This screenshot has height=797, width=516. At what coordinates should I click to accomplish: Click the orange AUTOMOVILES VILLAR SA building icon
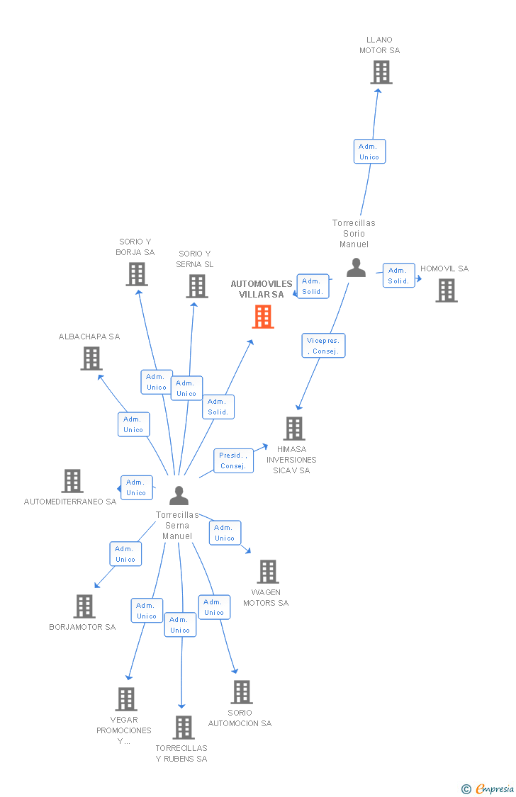click(264, 317)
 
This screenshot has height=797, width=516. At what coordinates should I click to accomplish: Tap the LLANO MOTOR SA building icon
click(381, 72)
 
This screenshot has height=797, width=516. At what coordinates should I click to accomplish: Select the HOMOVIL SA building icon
click(447, 290)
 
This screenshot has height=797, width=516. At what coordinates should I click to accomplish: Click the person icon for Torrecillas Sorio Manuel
click(356, 267)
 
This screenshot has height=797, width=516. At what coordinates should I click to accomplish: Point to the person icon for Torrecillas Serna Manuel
click(179, 495)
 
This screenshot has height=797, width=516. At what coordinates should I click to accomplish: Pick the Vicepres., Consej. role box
click(323, 346)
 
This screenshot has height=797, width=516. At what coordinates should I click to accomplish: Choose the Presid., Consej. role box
click(233, 460)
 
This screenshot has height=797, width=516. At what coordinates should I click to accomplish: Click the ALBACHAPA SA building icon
click(91, 358)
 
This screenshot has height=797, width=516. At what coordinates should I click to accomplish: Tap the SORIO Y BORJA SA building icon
click(138, 274)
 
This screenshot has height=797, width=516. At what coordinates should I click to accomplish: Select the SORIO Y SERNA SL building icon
click(197, 286)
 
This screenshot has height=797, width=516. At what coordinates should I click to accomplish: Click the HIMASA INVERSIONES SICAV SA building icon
click(294, 428)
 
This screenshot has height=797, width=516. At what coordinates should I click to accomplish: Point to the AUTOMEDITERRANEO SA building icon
click(72, 481)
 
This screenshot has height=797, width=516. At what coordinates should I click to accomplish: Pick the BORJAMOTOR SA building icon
click(84, 606)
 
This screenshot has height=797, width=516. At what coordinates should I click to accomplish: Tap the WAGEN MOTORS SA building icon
click(268, 571)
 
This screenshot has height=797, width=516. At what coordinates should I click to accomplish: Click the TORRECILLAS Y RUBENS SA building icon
click(184, 728)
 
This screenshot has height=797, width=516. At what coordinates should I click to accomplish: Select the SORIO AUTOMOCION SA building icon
click(242, 691)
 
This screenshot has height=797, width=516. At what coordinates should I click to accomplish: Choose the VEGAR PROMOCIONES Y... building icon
click(126, 699)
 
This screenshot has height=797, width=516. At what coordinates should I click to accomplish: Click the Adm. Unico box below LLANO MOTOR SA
click(369, 152)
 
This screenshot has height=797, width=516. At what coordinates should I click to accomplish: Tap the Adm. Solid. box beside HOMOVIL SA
click(398, 276)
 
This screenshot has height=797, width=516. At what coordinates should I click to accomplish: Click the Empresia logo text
click(495, 789)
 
